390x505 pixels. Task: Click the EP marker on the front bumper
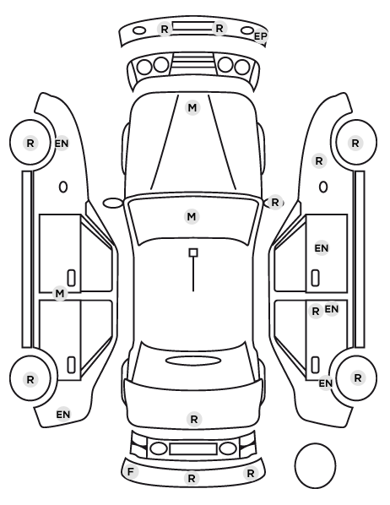pos(260,36)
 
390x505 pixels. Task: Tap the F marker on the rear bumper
pos(130,472)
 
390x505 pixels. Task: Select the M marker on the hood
pos(192,107)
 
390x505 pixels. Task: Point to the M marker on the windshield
pos(192,216)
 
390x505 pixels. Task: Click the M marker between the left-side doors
pos(60,293)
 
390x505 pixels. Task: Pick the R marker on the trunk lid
pos(194,420)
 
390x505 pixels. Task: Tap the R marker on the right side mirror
pos(275,203)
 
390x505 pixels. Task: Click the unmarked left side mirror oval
pos(113,204)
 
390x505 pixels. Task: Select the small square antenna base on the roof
pos(193,252)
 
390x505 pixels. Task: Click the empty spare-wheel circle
pos(315,465)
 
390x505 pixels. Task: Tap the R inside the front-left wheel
pos(30,143)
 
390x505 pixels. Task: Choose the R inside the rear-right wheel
pos(357,378)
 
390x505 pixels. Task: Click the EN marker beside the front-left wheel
pos(62,144)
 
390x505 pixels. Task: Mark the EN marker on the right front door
pos(322,248)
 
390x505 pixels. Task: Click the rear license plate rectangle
pos(193,449)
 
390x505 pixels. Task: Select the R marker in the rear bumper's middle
pos(192,478)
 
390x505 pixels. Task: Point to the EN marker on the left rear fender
pos(63,414)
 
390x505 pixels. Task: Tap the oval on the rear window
pos(193,361)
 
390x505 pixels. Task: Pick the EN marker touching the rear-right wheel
pos(326,383)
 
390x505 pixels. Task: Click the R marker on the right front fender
pos(319,160)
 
